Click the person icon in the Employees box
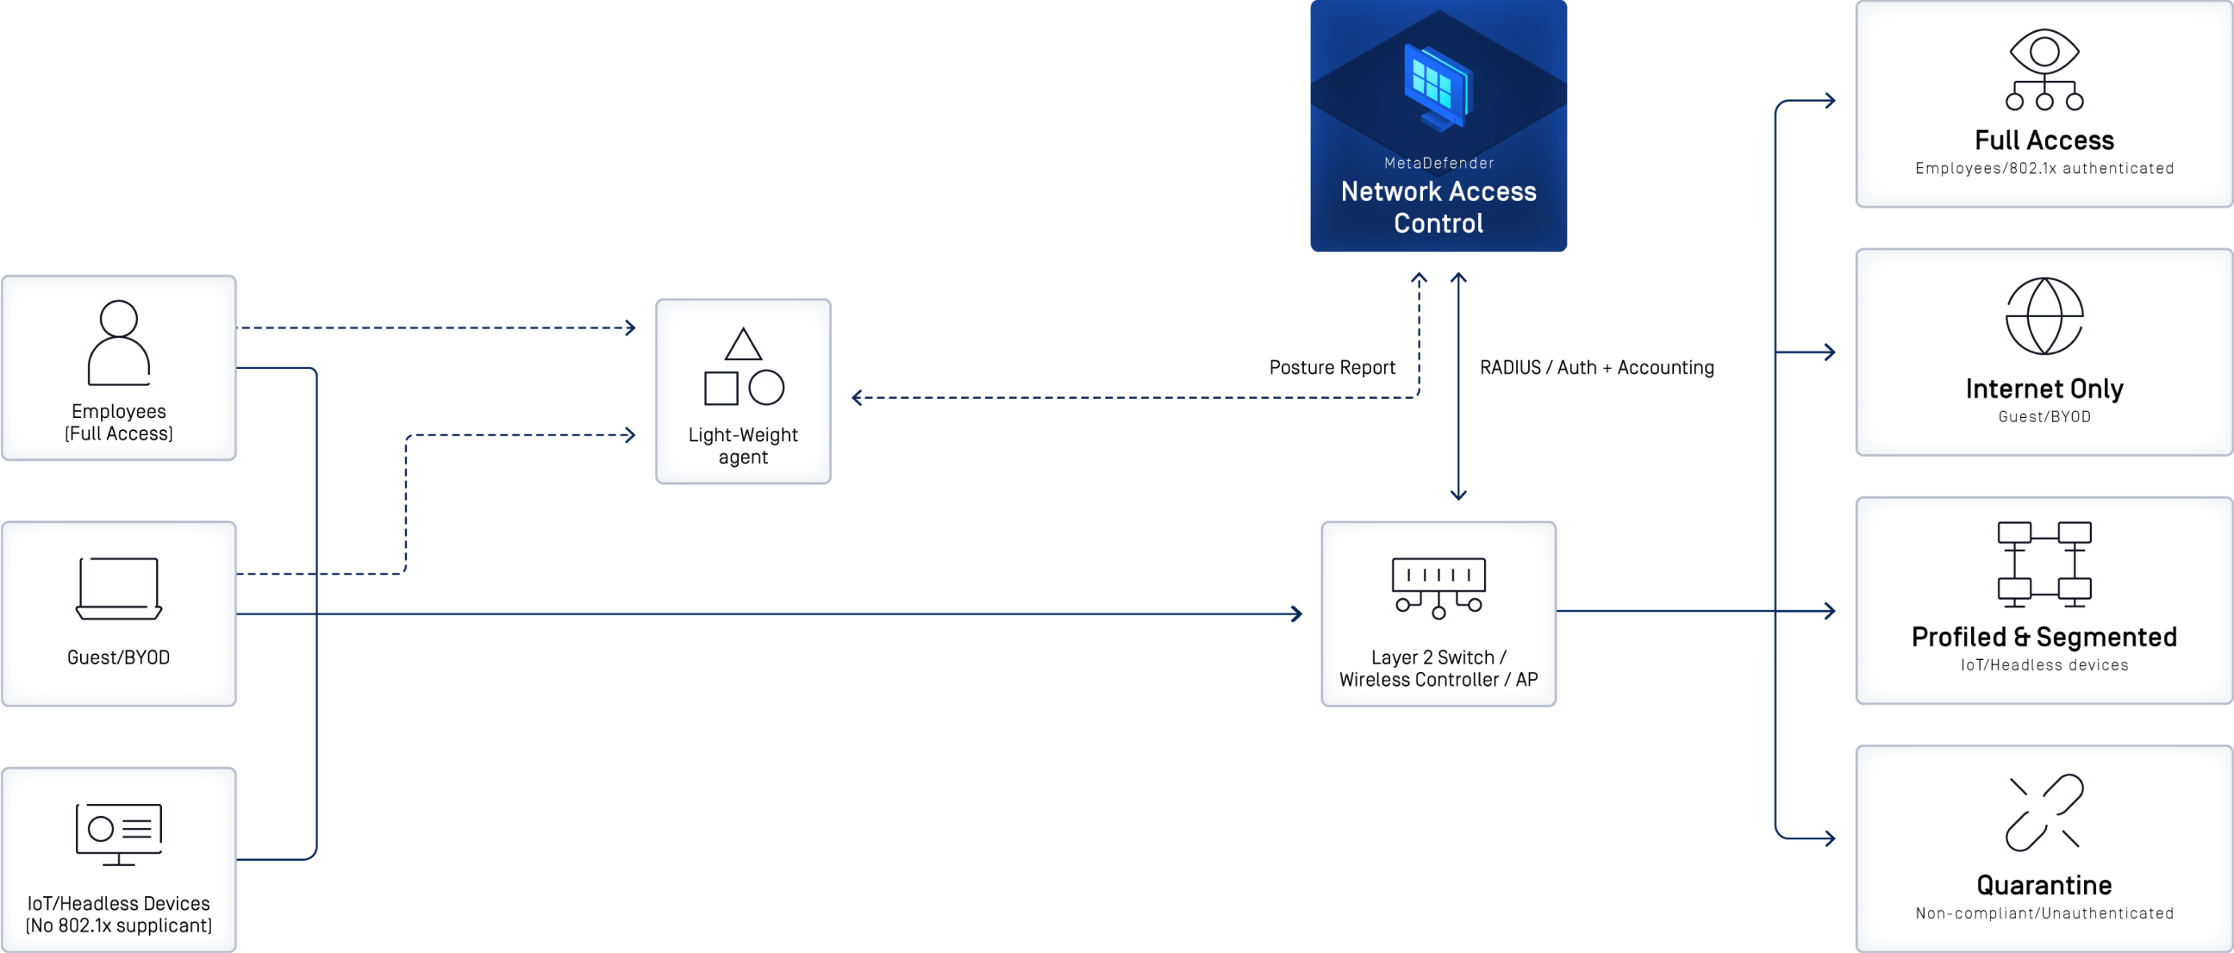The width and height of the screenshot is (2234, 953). (x=119, y=343)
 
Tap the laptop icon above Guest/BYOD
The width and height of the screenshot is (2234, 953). (x=119, y=589)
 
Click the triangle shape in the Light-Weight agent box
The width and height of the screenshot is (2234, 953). (x=743, y=346)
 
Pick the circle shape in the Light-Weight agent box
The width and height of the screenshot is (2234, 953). (x=766, y=388)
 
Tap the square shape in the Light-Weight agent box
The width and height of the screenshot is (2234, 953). (x=721, y=389)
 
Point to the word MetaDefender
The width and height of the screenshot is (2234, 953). (x=1438, y=163)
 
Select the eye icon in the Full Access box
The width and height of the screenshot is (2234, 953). (x=2044, y=70)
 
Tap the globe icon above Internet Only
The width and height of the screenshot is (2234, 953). (x=2044, y=316)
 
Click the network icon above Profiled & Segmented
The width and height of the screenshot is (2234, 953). (x=2044, y=564)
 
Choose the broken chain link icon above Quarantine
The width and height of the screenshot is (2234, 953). (x=2044, y=813)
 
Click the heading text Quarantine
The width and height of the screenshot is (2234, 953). (x=2044, y=886)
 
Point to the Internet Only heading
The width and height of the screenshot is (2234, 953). (x=2044, y=389)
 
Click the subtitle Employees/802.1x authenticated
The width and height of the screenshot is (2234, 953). (x=2044, y=168)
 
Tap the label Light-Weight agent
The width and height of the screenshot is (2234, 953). (x=743, y=445)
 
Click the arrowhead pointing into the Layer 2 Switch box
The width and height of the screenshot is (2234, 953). (x=1298, y=614)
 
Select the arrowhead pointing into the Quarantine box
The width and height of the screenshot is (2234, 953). (x=1831, y=838)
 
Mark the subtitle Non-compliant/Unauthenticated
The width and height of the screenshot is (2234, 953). (x=2044, y=913)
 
